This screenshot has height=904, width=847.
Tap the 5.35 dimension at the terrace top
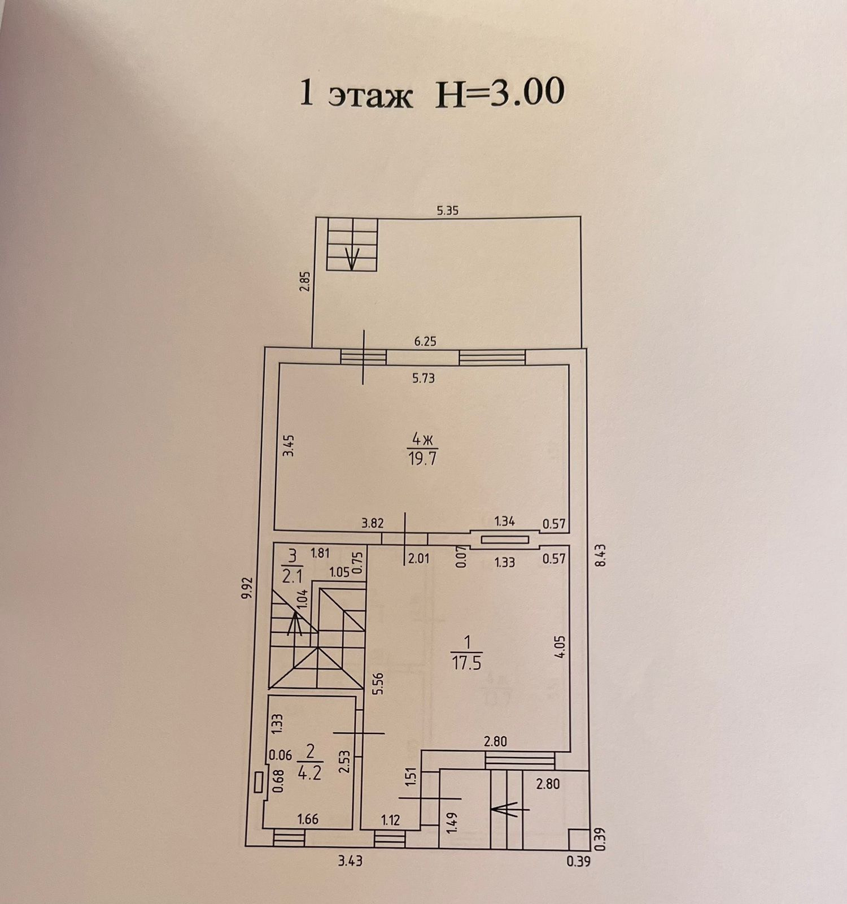click(447, 211)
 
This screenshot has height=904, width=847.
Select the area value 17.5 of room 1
click(466, 662)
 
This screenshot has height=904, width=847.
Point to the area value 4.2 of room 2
click(309, 772)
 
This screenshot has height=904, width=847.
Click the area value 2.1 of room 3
click(292, 576)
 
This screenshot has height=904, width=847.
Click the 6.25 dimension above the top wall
click(425, 342)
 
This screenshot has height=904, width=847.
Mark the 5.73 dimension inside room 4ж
click(423, 379)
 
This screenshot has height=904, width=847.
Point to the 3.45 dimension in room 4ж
click(289, 445)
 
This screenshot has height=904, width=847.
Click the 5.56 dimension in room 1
click(379, 685)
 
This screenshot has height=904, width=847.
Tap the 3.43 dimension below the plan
click(350, 862)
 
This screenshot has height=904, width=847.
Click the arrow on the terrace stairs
click(352, 258)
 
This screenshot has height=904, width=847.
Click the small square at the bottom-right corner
click(577, 838)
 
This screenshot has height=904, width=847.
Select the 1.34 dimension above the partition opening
click(504, 521)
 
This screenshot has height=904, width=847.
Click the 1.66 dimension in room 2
click(308, 819)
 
